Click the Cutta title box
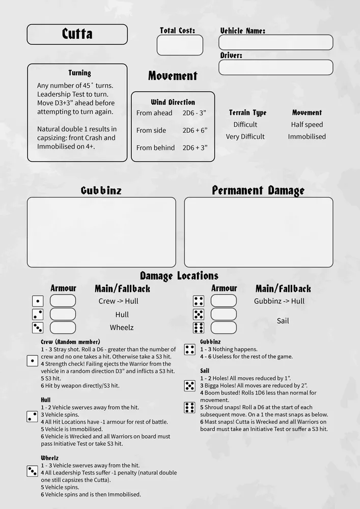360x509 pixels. point(77,34)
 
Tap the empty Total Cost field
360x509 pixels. point(180,45)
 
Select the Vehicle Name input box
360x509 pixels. point(275,42)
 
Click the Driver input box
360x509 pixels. point(275,67)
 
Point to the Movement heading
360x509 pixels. point(173,76)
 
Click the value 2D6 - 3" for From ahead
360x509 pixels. point(195,113)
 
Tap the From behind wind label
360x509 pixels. point(155,148)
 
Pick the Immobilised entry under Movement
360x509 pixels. point(307,136)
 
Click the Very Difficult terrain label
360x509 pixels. point(245,136)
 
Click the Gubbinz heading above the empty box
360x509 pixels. point(101,191)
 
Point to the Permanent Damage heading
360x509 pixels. point(258,191)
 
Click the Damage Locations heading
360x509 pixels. point(179,276)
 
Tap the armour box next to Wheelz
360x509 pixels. point(63,327)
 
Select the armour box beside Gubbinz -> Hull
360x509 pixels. point(224,301)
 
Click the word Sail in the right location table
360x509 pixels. point(283,321)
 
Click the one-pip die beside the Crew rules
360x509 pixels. point(32,361)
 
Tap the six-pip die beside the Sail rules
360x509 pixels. point(189,408)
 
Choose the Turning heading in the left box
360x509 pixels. point(79,73)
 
